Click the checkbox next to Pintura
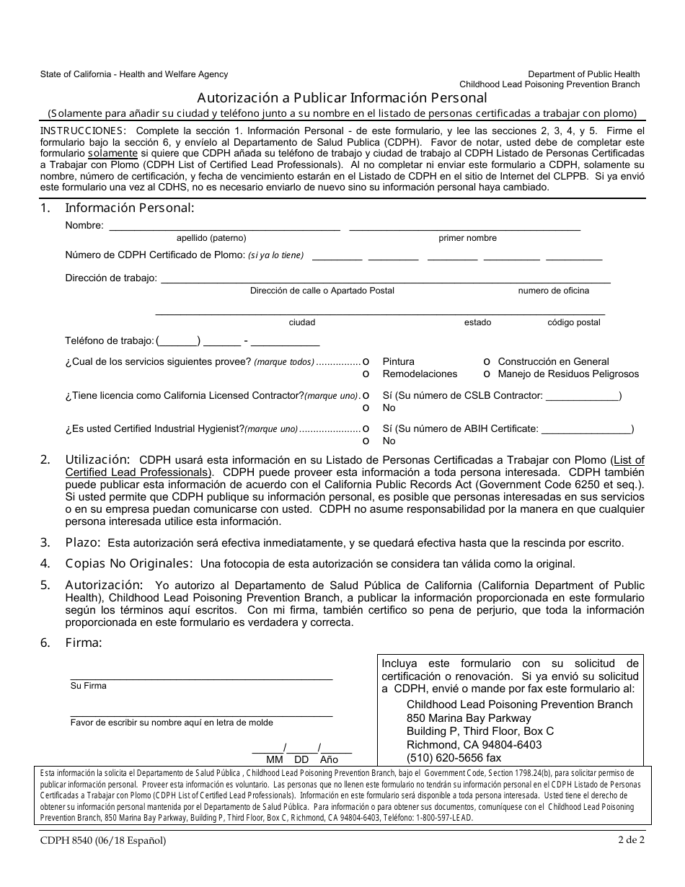(366, 361)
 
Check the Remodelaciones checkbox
(366, 374)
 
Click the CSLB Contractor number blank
(583, 395)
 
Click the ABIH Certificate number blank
(585, 428)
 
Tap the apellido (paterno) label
(211, 238)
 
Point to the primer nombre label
(467, 238)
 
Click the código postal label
(573, 322)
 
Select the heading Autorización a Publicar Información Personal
(342, 97)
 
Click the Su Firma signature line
(201, 677)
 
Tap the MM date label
(275, 759)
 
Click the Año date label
(329, 759)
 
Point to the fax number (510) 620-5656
(454, 758)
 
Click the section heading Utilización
(97, 459)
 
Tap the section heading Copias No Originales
(129, 563)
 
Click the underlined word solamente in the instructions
(112, 154)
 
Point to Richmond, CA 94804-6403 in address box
(474, 744)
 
